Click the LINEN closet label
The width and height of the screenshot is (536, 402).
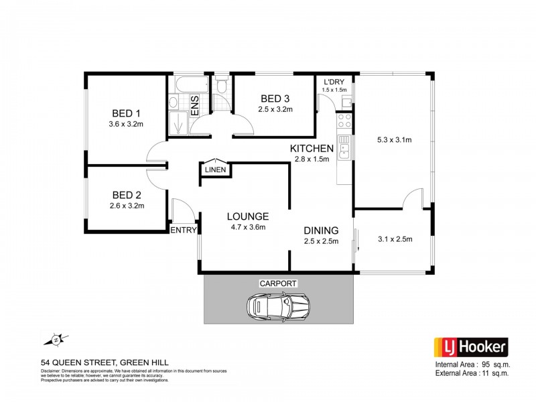tap(215, 170)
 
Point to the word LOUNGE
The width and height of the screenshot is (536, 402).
tap(247, 216)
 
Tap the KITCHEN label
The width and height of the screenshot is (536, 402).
tap(312, 148)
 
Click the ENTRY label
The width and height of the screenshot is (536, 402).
tap(184, 230)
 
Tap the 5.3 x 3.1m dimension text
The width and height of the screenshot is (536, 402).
tap(394, 140)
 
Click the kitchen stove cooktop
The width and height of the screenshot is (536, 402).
tap(344, 121)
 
